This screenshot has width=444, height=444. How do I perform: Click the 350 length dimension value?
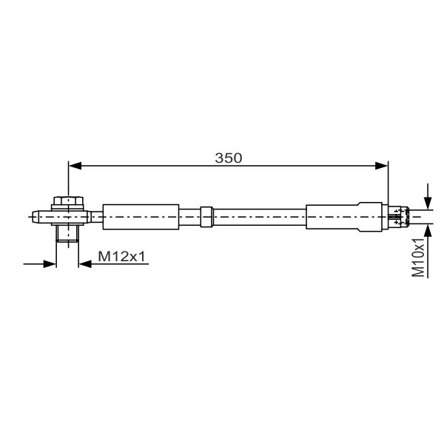[228, 158]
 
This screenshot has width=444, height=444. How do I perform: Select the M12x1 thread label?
[121, 257]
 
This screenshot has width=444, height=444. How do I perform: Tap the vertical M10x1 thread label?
[418, 257]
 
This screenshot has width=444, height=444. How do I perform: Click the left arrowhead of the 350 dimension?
[75, 166]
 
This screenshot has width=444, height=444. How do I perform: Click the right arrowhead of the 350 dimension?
[381, 166]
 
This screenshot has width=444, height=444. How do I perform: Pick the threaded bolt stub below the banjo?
[67, 234]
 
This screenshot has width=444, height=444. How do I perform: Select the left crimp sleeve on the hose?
[141, 217]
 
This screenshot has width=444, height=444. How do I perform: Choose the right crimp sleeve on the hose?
[344, 217]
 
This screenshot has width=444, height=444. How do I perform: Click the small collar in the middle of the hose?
[206, 217]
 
